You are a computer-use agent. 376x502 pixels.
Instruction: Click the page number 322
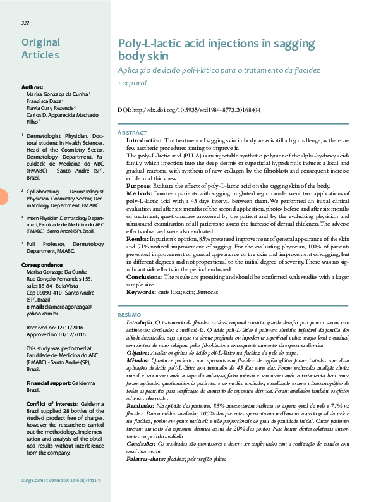tap(25, 23)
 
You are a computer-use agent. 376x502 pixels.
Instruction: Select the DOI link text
tap(189, 110)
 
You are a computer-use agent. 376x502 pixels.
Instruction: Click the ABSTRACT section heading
tap(133, 132)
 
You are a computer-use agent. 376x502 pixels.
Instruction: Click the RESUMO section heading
tap(131, 314)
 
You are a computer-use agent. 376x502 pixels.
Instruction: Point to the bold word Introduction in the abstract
tap(145, 140)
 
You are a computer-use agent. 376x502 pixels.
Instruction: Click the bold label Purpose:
tap(139, 186)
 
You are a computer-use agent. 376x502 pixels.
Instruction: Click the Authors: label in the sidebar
tap(32, 87)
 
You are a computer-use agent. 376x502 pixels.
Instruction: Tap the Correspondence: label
tap(42, 264)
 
